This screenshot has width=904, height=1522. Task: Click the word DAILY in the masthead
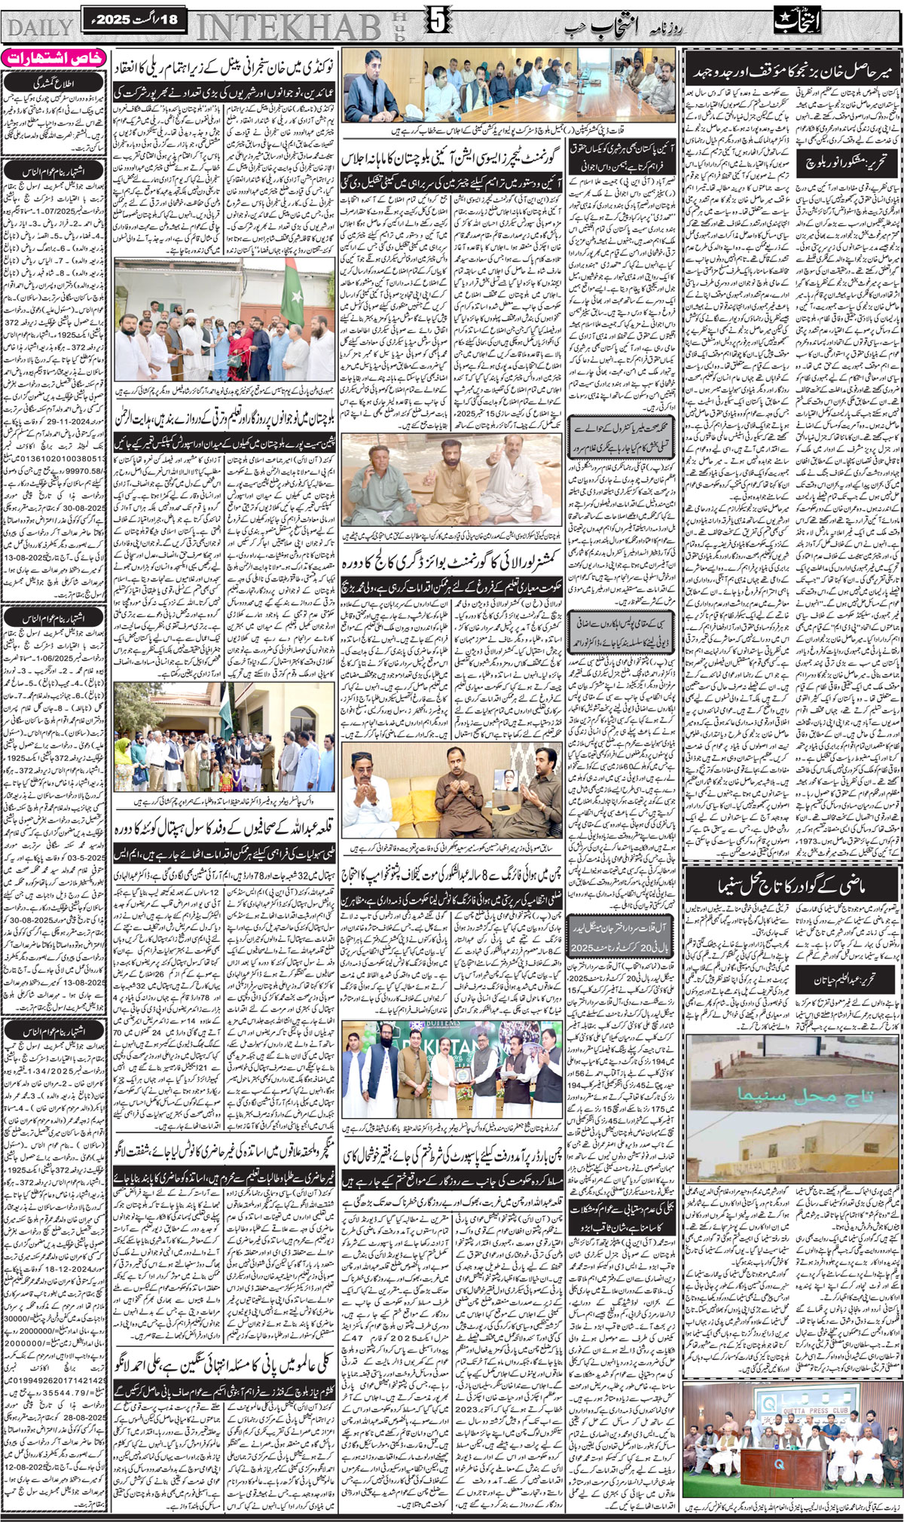[x=38, y=28]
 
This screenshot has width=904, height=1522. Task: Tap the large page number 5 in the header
[x=436, y=24]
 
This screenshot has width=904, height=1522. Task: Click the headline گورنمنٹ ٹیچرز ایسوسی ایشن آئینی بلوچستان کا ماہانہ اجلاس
[x=451, y=162]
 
